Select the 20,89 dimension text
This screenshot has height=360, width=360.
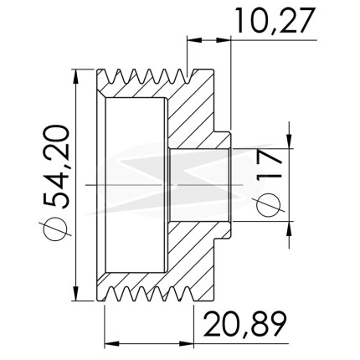244,324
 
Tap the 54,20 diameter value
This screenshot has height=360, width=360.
55,167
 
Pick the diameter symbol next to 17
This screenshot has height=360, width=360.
269,205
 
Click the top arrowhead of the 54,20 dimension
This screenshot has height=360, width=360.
75,76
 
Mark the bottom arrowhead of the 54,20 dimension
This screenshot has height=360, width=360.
75,294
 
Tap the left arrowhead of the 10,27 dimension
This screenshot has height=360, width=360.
194,40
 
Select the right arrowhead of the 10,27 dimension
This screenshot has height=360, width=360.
224,40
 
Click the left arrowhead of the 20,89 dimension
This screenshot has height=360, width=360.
112,343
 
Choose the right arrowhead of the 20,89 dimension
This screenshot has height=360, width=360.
186,343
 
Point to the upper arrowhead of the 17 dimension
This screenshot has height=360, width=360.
290,141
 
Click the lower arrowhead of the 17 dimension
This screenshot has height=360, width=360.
290,229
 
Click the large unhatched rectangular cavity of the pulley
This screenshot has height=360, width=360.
135,185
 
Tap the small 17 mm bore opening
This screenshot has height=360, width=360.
199,185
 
